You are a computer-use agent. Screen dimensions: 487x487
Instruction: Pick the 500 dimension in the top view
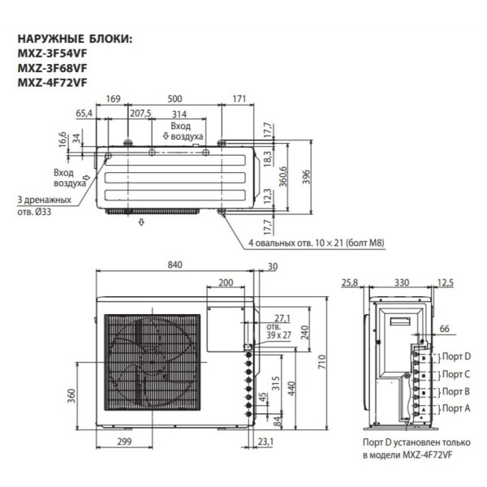175,99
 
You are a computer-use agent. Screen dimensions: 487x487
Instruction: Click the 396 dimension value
306,178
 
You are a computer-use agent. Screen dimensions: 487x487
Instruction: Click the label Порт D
456,356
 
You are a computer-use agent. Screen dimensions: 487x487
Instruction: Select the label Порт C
456,374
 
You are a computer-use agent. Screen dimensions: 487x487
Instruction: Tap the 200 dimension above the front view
226,283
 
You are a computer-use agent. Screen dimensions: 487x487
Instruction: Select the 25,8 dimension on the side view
350,282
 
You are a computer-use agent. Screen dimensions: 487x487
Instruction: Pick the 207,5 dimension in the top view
140,113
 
